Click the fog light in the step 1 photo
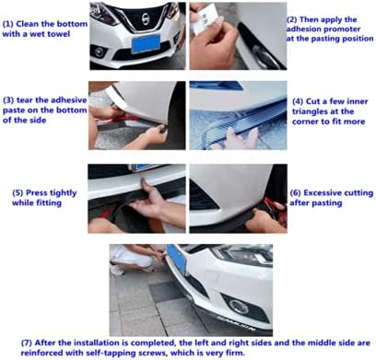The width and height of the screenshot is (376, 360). (x=99, y=52)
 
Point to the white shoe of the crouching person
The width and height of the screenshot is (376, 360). (x=117, y=270)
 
